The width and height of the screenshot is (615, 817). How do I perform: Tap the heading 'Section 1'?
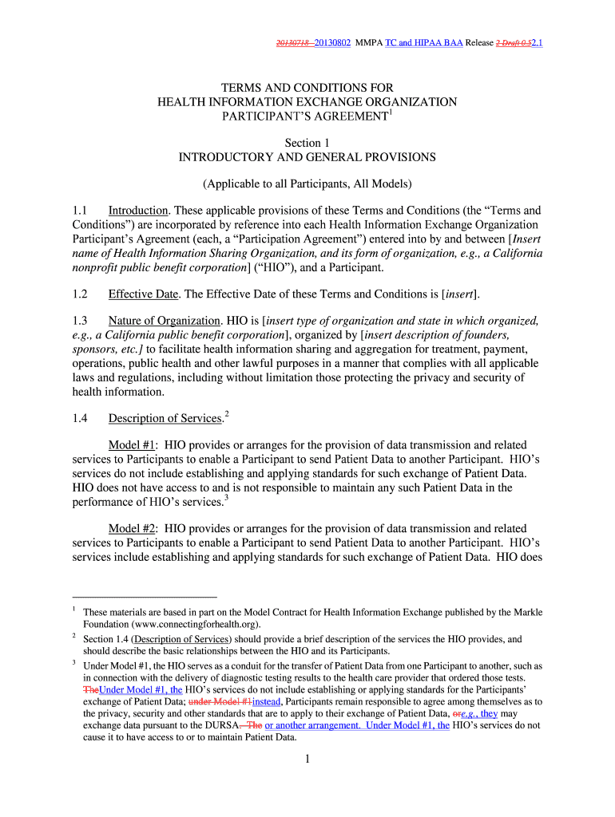(307, 142)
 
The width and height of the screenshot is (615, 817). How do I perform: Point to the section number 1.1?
(79, 211)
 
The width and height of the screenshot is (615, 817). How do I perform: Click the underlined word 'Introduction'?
(138, 211)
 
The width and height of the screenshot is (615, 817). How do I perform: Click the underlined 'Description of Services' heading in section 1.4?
(165, 418)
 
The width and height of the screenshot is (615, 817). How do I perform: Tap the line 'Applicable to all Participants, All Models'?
(307, 184)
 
